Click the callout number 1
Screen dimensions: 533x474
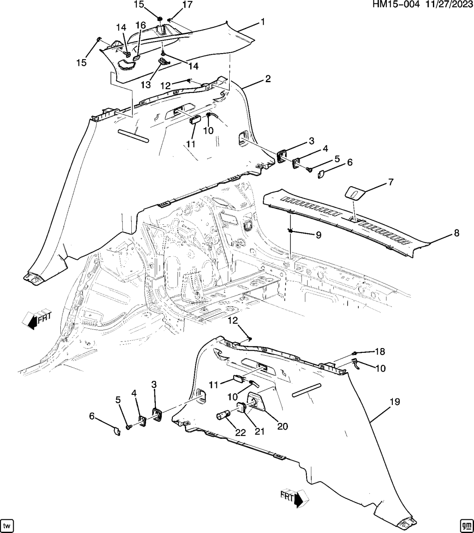[x=263, y=21]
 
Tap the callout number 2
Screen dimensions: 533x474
[x=268, y=79]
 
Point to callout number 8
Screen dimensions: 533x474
[x=456, y=233]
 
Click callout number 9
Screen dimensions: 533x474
[x=318, y=235]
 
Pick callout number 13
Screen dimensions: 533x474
[x=145, y=85]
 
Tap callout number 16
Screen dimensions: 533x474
[x=141, y=26]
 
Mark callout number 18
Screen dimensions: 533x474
[x=380, y=351]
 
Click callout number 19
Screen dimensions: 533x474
[x=394, y=402]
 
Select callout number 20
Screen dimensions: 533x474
[x=283, y=426]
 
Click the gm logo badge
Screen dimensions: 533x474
[x=466, y=525]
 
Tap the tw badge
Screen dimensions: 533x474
[x=7, y=525]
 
